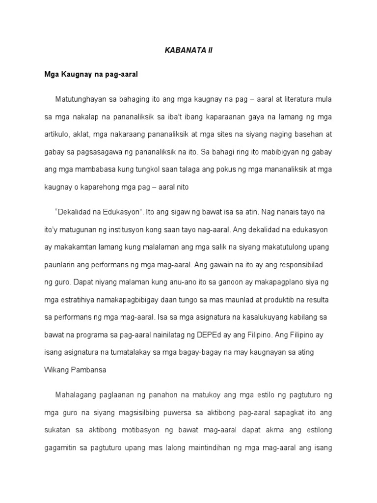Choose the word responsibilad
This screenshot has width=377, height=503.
(x=304, y=265)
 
